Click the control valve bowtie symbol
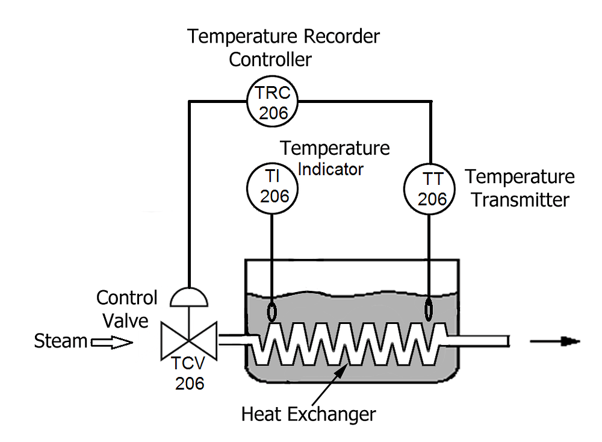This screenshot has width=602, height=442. [189, 341]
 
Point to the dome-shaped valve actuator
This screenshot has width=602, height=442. [189, 296]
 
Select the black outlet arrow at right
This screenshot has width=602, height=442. [554, 341]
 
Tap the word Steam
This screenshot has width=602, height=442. [60, 341]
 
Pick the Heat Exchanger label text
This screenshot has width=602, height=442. [308, 414]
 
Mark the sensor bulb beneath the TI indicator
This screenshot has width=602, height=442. [272, 311]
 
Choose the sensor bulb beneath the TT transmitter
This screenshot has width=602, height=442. [429, 311]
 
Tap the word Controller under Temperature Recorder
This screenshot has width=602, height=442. [271, 59]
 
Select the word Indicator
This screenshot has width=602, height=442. [331, 169]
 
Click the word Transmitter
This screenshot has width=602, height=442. [520, 199]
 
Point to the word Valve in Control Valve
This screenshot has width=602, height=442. [125, 320]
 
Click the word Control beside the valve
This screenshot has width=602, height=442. [126, 297]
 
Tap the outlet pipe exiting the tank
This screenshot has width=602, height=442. [482, 341]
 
